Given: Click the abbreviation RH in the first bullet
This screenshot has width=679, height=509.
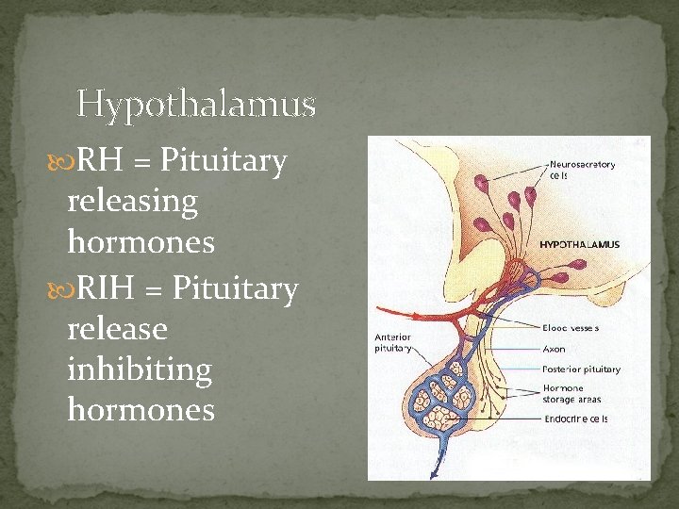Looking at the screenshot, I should point(98,162).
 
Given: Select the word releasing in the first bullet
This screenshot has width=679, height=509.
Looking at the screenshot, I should point(133,202).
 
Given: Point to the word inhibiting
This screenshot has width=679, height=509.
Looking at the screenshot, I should point(140,369).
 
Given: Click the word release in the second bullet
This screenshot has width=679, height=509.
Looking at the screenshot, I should point(117,329).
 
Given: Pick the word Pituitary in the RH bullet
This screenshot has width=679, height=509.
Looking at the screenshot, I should point(224,162).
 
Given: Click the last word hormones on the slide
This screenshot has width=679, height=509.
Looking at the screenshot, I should point(141,410).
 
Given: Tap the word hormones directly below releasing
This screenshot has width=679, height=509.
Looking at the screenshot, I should point(141,242).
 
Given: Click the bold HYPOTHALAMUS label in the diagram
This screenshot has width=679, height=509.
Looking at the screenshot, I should point(580,245).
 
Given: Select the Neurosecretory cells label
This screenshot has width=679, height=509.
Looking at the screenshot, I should point(582,170).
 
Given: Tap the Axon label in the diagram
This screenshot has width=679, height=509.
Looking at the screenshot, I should point(555,349).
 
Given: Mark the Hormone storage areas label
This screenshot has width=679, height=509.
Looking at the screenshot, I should point(576,393).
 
